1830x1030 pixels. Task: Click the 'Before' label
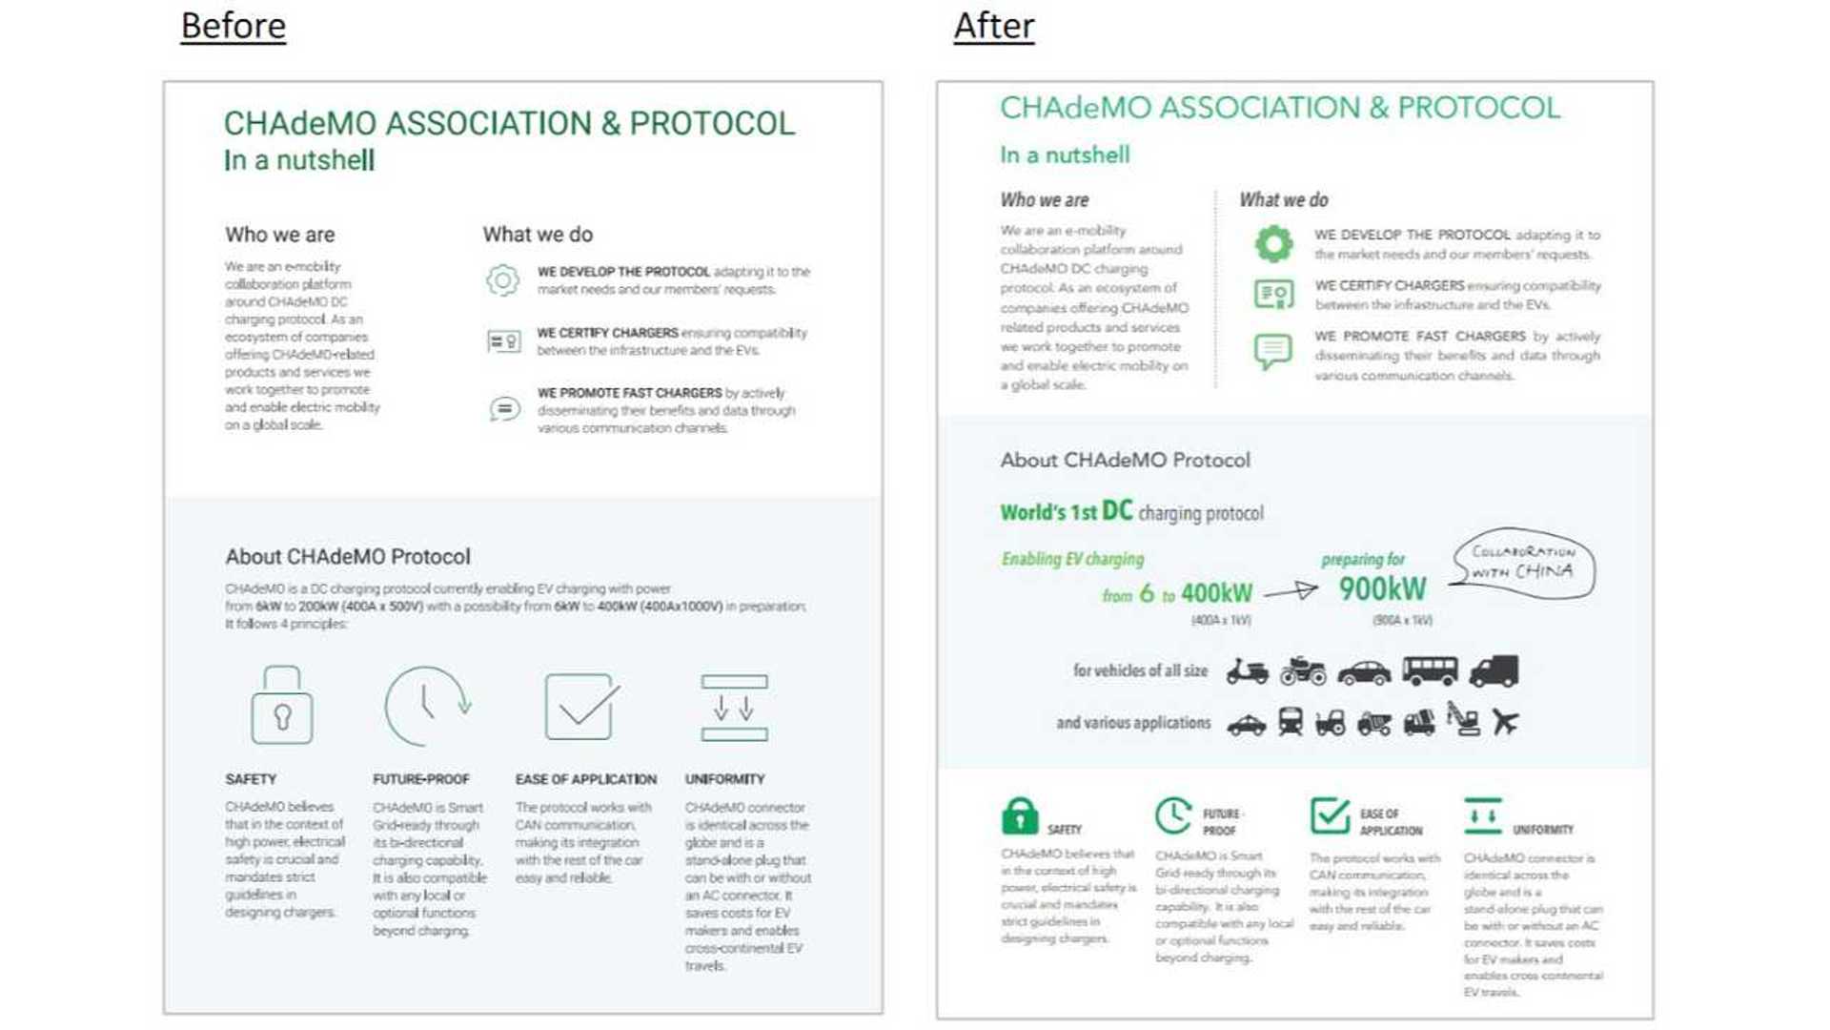pyautogui.click(x=233, y=27)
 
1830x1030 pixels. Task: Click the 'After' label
pyautogui.click(x=993, y=27)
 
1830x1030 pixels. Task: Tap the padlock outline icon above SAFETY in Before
pyautogui.click(x=281, y=706)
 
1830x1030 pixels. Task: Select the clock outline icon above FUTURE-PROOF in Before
pyautogui.click(x=427, y=706)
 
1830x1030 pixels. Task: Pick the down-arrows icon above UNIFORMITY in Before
pyautogui.click(x=734, y=708)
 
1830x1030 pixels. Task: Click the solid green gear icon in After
pyautogui.click(x=1273, y=244)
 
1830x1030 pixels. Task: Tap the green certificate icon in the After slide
pyautogui.click(x=1273, y=294)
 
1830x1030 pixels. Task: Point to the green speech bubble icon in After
pyautogui.click(x=1273, y=351)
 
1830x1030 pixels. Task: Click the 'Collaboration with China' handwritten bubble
pyautogui.click(x=1523, y=563)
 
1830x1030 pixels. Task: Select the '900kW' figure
pyautogui.click(x=1382, y=589)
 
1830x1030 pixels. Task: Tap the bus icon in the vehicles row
pyautogui.click(x=1430, y=671)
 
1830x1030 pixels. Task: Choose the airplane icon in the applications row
pyautogui.click(x=1505, y=722)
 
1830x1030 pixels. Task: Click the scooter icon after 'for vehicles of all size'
pyautogui.click(x=1247, y=671)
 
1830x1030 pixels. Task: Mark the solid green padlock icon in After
pyautogui.click(x=1019, y=816)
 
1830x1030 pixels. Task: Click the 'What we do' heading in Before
pyautogui.click(x=538, y=235)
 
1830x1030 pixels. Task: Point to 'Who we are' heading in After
pyautogui.click(x=1044, y=200)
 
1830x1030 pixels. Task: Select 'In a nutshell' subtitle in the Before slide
pyautogui.click(x=299, y=160)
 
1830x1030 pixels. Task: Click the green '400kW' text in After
pyautogui.click(x=1216, y=593)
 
